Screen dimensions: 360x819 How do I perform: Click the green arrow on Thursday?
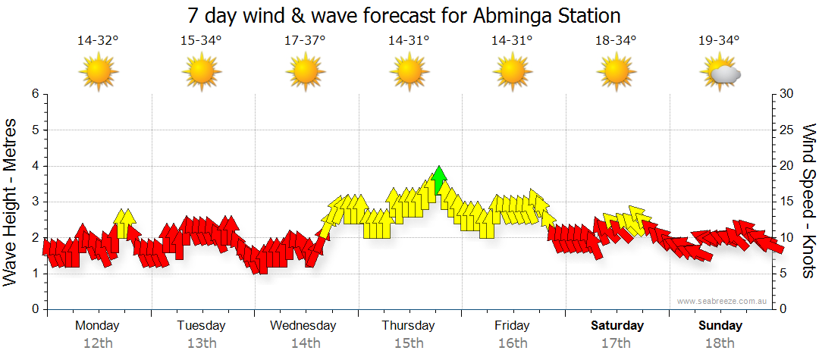pyautogui.click(x=438, y=181)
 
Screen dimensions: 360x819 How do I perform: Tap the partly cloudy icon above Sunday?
pyautogui.click(x=720, y=73)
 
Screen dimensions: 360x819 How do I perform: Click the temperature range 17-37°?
pyautogui.click(x=305, y=41)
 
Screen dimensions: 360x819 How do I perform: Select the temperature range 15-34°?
pyautogui.click(x=201, y=41)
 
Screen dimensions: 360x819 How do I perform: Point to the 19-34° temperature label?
pyautogui.click(x=719, y=41)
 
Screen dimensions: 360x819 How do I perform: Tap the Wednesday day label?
pyautogui.click(x=303, y=326)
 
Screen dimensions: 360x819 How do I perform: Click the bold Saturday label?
pyautogui.click(x=617, y=326)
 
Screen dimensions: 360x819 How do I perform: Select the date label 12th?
pyautogui.click(x=98, y=343)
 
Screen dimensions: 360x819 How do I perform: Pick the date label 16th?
pyautogui.click(x=513, y=343)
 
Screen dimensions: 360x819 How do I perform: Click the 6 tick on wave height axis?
pyautogui.click(x=34, y=94)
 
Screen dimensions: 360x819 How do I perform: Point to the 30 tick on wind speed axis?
pyautogui.click(x=787, y=94)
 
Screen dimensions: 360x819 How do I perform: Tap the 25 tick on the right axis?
pyautogui.click(x=787, y=130)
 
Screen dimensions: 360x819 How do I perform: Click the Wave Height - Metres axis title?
pyautogui.click(x=11, y=202)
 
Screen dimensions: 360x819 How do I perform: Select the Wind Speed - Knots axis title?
pyautogui.click(x=808, y=202)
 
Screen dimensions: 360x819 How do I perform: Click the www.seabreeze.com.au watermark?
pyautogui.click(x=723, y=301)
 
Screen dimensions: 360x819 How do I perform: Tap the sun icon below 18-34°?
pyautogui.click(x=616, y=73)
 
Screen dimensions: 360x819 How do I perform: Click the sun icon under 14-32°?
pyautogui.click(x=98, y=73)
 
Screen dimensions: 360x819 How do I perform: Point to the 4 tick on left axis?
pyautogui.click(x=34, y=166)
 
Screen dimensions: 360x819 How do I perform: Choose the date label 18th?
pyautogui.click(x=720, y=343)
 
